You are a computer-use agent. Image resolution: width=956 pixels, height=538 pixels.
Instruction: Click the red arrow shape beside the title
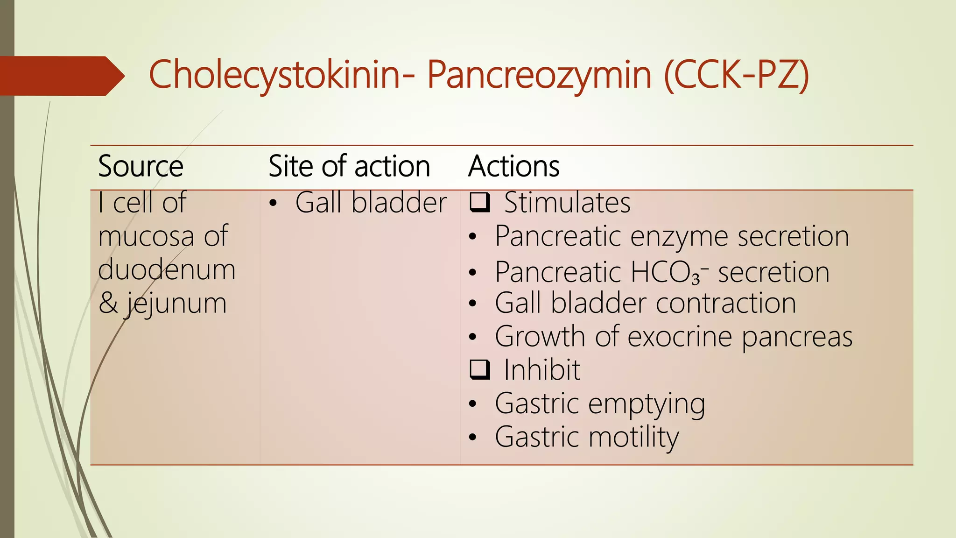tap(61, 76)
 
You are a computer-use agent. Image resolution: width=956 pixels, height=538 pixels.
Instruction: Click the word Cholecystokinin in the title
tap(274, 75)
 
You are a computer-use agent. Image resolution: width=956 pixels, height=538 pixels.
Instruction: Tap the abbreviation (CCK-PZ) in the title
tap(737, 75)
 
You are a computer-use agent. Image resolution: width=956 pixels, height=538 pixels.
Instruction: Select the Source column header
tap(141, 166)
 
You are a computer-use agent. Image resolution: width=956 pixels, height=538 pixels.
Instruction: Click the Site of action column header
tap(349, 166)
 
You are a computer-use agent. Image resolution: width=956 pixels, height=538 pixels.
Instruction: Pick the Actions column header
tap(513, 166)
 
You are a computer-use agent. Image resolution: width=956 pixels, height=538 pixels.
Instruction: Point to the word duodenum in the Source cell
tap(167, 270)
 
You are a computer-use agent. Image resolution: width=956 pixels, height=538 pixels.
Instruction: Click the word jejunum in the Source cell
tap(176, 304)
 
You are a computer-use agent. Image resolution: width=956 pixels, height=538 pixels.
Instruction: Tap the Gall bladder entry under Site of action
tap(371, 203)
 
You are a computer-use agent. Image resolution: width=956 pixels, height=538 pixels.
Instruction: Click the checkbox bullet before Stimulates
tap(480, 202)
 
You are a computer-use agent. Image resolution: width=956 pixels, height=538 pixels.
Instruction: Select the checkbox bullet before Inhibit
tap(480, 369)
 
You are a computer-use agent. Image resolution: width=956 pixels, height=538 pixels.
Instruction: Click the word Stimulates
tap(567, 203)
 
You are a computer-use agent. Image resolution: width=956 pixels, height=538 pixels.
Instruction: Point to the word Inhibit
tap(542, 370)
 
